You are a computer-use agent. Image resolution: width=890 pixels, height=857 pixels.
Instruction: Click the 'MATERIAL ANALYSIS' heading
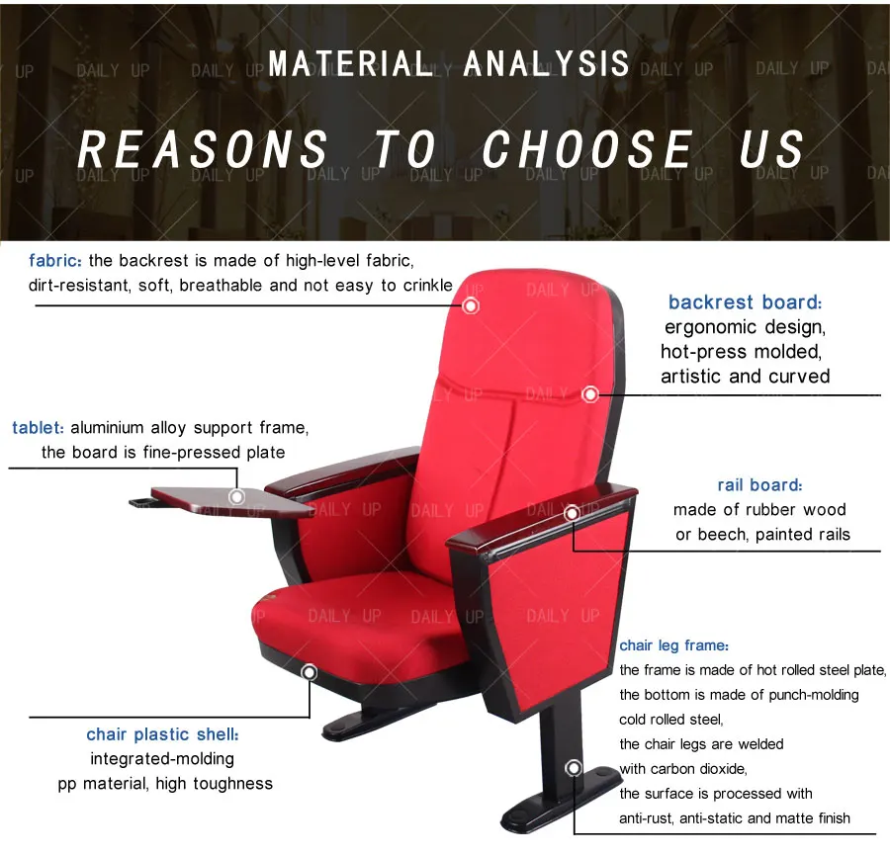coord(449,64)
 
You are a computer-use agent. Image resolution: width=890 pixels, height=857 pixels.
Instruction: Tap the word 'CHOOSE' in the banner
coord(587,150)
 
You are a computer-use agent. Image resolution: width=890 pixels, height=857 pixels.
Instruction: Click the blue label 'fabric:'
coord(56,261)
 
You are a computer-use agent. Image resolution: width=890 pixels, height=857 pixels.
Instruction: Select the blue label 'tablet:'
coord(39,428)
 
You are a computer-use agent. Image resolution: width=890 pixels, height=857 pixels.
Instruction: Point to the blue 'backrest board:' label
coord(745,302)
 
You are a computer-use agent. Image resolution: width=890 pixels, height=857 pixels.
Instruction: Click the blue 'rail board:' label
coord(759,484)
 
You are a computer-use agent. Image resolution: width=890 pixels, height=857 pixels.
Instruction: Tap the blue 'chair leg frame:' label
coord(674,645)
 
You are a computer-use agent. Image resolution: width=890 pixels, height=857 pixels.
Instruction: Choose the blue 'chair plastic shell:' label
coord(162,734)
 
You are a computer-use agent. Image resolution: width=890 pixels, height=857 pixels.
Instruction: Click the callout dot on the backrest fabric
coord(471,305)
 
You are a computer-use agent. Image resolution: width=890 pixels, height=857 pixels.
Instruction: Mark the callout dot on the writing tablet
coord(236,496)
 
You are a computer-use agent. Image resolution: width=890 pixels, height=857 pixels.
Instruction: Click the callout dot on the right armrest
coord(572,513)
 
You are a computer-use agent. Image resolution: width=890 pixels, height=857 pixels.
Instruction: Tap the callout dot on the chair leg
coord(574,768)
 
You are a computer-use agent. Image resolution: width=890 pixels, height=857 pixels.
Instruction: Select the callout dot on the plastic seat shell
coord(309,673)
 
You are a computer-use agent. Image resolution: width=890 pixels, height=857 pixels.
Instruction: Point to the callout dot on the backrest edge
coord(590,393)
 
